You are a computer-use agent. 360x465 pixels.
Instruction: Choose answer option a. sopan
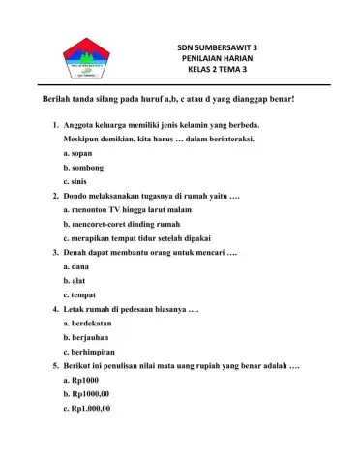[x=78, y=154]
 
